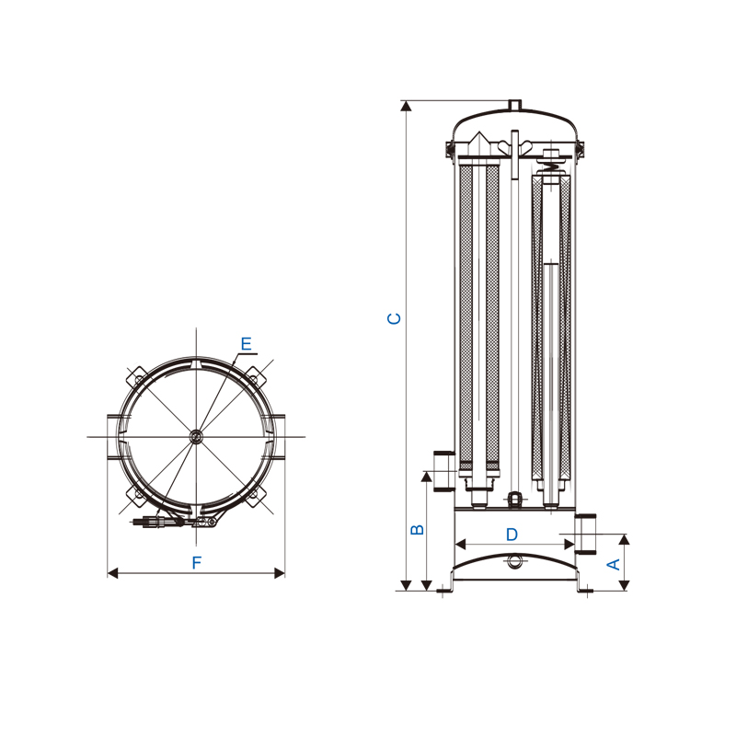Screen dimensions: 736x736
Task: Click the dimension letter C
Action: click(394, 318)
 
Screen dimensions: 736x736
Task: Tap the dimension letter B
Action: click(417, 529)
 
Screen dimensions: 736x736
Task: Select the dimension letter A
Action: click(614, 564)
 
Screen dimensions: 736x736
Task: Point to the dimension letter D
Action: click(512, 535)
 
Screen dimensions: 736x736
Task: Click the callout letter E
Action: click(246, 343)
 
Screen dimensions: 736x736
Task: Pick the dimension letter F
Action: click(197, 562)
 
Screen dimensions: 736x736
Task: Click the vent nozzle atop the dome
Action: click(515, 105)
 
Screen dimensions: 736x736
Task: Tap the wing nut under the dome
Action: click(515, 146)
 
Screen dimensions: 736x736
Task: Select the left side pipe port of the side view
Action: click(444, 471)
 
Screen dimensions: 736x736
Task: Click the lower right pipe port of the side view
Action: click(585, 534)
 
